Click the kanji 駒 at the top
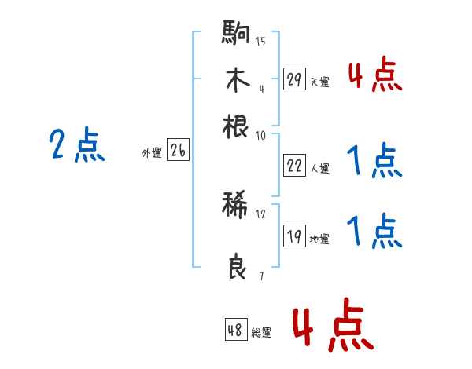pyautogui.click(x=236, y=33)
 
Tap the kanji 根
pyautogui.click(x=236, y=126)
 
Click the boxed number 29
pyautogui.click(x=294, y=79)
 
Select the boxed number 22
pyautogui.click(x=294, y=166)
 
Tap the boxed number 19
pyautogui.click(x=294, y=237)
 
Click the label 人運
pyautogui.click(x=319, y=168)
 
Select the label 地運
pyautogui.click(x=319, y=239)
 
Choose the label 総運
pyautogui.click(x=261, y=333)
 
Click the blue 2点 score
pyautogui.click(x=76, y=145)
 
